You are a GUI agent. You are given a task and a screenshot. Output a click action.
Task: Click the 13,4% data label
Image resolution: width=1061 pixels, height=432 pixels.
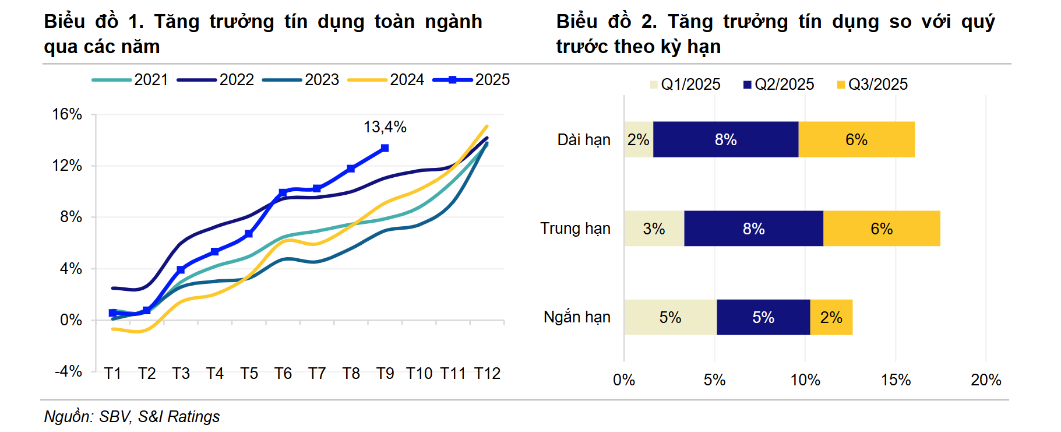coord(385,127)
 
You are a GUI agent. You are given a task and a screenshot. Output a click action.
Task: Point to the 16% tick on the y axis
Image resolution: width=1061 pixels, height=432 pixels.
coord(67,114)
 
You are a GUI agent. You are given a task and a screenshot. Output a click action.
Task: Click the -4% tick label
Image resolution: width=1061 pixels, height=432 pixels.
coord(68,371)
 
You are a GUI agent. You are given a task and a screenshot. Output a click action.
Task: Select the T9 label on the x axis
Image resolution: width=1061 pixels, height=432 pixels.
coord(385,373)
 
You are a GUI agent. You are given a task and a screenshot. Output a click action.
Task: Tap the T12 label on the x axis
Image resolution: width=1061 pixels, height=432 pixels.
coord(487,373)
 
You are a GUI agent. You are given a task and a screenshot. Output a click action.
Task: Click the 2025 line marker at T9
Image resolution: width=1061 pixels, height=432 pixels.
coord(385,148)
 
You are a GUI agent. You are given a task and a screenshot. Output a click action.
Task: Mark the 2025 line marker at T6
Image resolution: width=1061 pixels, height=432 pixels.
coord(283,192)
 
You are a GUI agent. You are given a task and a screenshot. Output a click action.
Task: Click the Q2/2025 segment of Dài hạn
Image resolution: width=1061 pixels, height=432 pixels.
coord(725,139)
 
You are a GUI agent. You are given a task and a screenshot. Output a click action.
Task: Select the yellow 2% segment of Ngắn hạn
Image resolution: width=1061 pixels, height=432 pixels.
coord(831,317)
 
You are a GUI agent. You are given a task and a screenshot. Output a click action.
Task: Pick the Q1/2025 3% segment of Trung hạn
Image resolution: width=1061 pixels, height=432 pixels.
coord(654,229)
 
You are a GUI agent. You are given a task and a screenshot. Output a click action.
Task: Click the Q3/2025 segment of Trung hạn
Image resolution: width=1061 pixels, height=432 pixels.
coord(881,229)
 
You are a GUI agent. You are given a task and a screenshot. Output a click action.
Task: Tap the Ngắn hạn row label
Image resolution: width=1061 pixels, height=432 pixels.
coord(577,317)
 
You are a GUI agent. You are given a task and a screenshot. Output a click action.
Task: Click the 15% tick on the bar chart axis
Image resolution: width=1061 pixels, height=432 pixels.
coord(896,380)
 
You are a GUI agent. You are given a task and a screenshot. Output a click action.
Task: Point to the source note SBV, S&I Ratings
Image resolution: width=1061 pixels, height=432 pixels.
coord(132,416)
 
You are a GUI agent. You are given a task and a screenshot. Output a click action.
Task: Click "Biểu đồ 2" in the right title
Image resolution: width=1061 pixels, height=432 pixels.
coord(606,22)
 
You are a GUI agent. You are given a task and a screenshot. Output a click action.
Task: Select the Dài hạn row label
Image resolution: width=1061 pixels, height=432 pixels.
coord(584,140)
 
